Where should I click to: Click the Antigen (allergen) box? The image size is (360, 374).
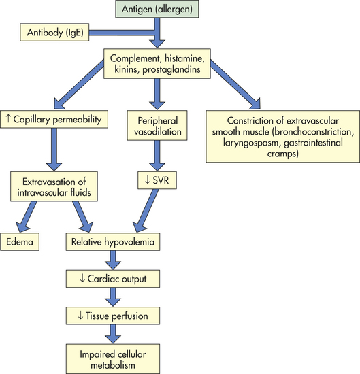(157, 9)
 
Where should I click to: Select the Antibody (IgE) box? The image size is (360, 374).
(54, 32)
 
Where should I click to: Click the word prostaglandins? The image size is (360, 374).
(171, 69)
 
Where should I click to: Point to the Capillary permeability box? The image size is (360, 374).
(54, 119)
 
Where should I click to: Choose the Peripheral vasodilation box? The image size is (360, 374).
(157, 125)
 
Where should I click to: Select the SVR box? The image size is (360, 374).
(157, 180)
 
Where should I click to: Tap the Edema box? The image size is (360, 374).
(20, 241)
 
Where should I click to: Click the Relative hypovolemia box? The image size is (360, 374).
(113, 241)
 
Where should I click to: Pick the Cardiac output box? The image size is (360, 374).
(113, 279)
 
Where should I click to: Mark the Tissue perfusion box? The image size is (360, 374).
(113, 316)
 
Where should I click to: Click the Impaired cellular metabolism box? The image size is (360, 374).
(113, 359)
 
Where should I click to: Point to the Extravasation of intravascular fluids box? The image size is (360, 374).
(54, 186)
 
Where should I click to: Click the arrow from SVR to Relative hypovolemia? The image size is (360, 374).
(145, 210)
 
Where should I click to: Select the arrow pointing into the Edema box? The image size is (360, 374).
(26, 216)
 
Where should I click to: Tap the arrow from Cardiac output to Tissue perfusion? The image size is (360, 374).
(113, 297)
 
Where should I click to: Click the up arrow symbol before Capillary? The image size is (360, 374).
(8, 118)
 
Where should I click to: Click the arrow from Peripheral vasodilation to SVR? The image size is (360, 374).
(157, 156)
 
